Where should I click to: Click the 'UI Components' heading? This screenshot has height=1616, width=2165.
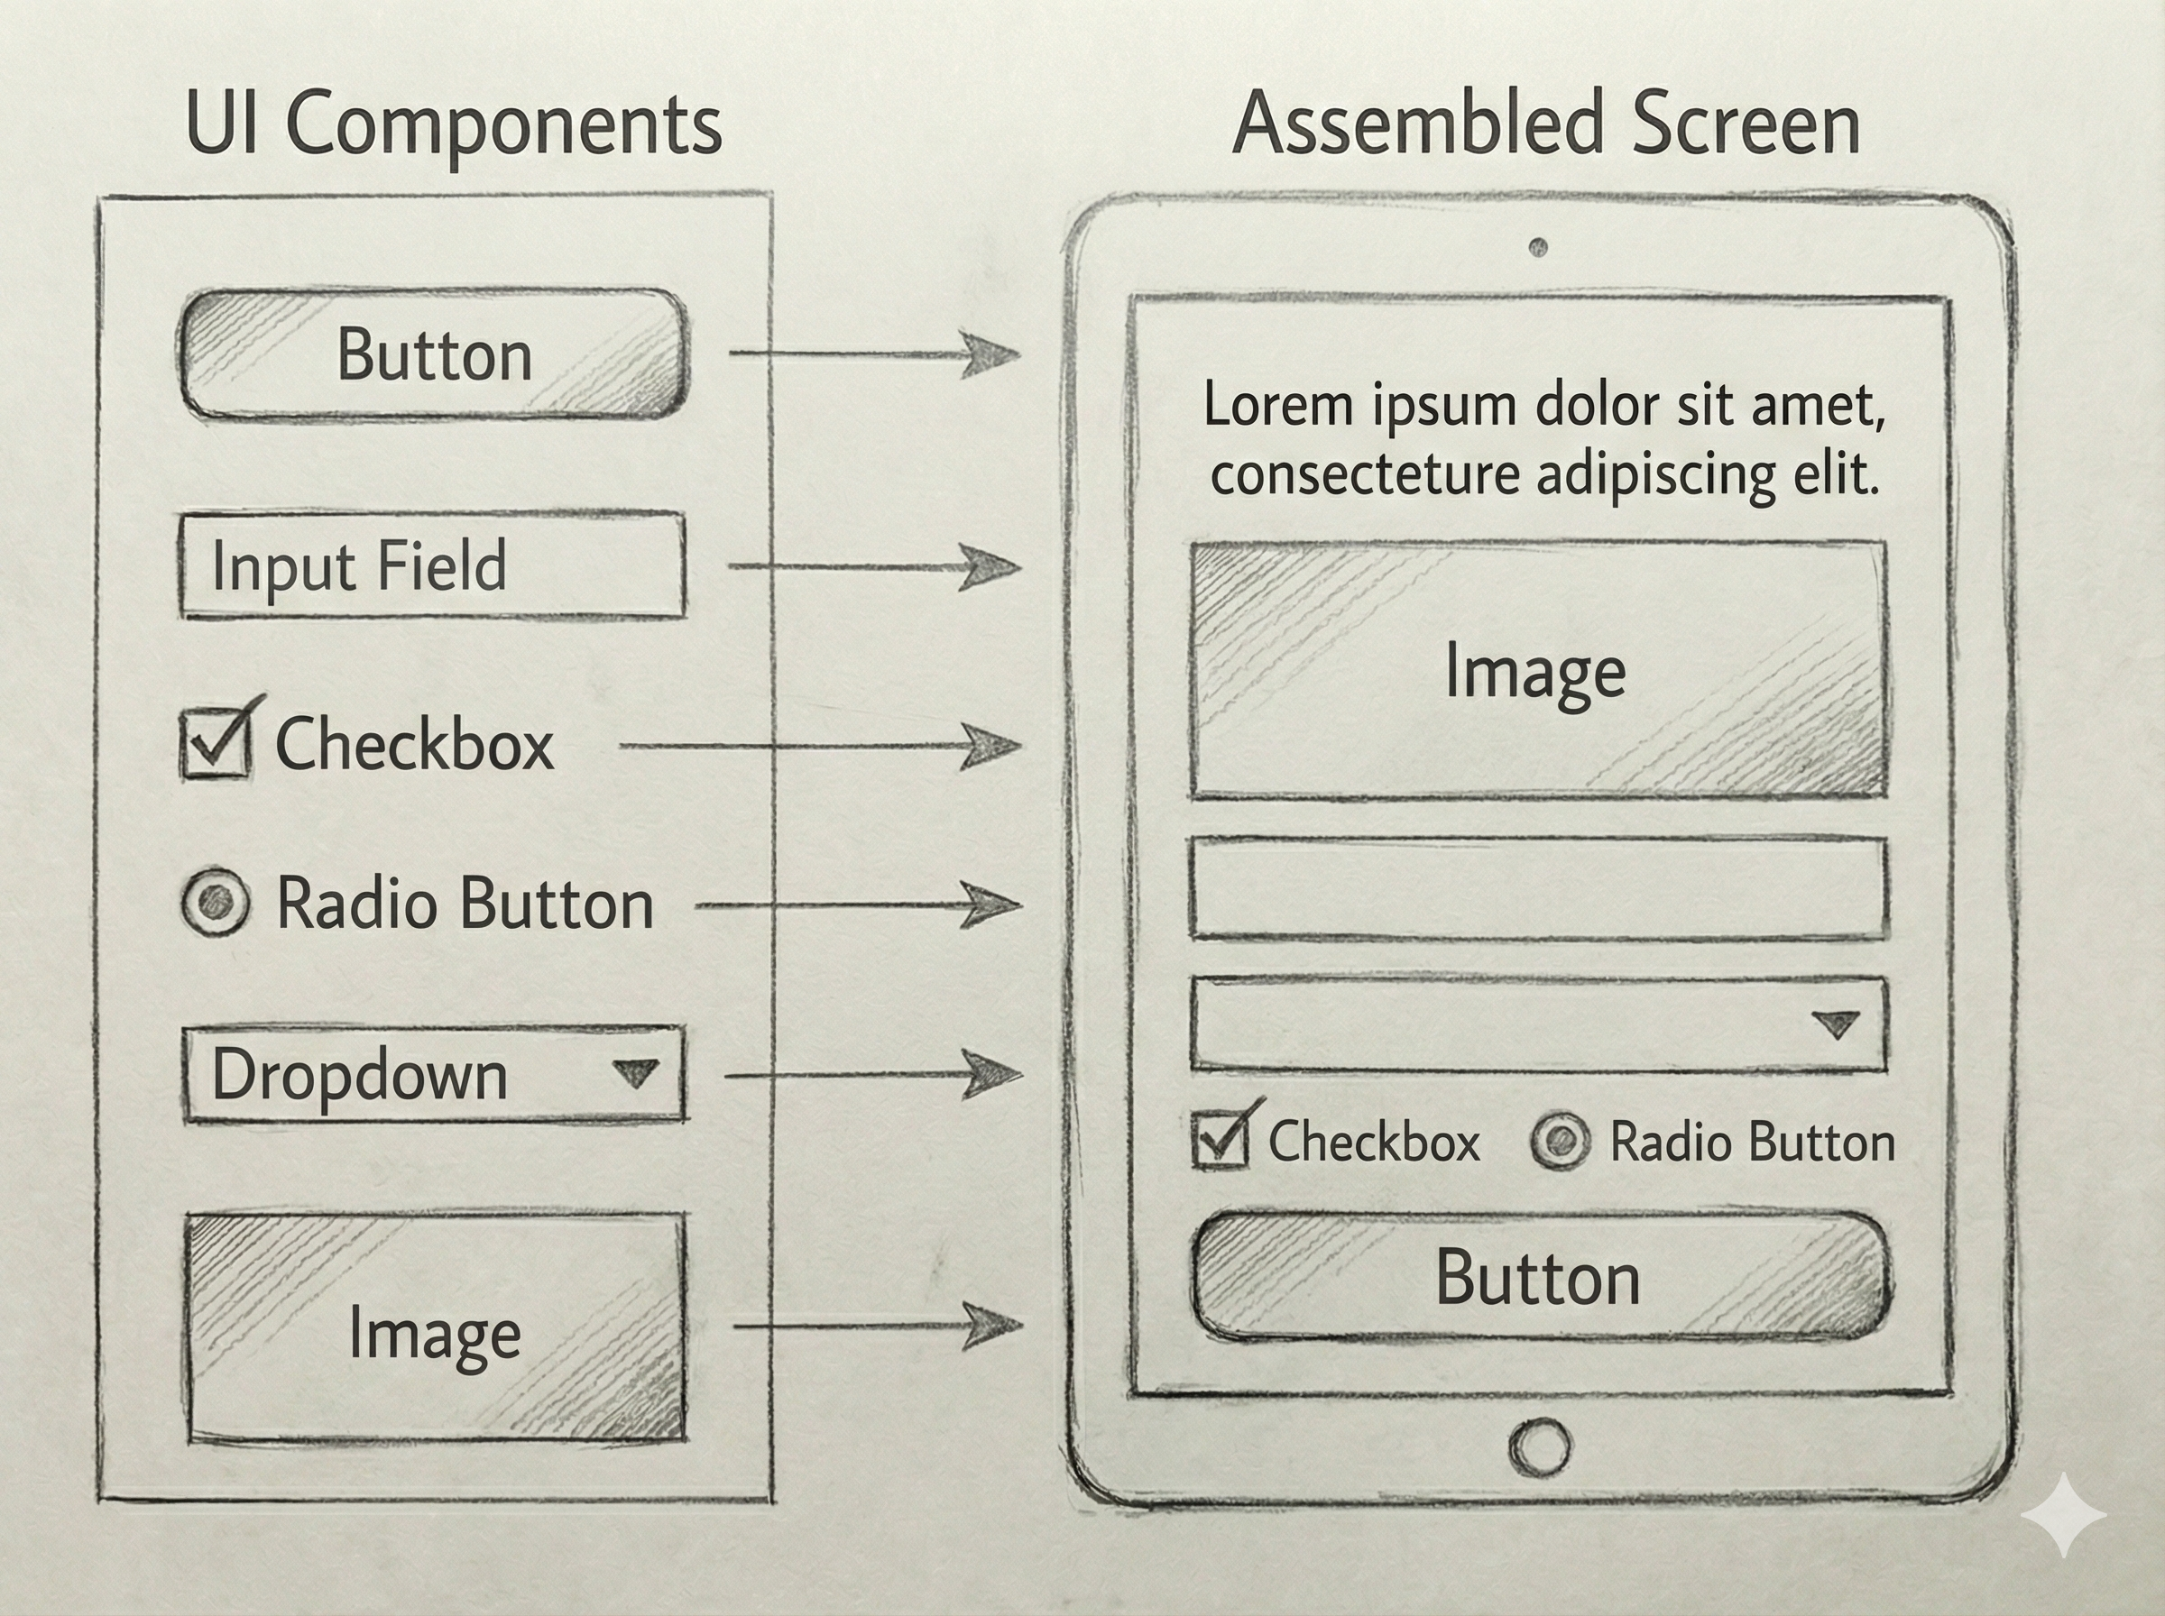(x=453, y=125)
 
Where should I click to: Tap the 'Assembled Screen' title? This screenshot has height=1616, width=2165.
(x=1546, y=125)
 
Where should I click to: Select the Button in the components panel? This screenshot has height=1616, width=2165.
(x=433, y=354)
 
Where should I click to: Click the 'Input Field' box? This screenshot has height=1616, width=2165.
(x=432, y=565)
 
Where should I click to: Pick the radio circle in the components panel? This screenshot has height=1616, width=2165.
(x=216, y=901)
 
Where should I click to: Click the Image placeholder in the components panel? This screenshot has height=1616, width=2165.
(x=436, y=1327)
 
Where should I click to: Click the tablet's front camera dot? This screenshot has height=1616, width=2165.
(x=1538, y=246)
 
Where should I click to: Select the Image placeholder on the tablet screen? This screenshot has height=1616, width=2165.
(x=1538, y=670)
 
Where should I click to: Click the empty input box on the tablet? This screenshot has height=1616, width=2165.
(x=1538, y=888)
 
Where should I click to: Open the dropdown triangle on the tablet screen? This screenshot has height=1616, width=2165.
(x=1836, y=1024)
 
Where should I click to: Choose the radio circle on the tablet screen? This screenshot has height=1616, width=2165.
(x=1560, y=1141)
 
